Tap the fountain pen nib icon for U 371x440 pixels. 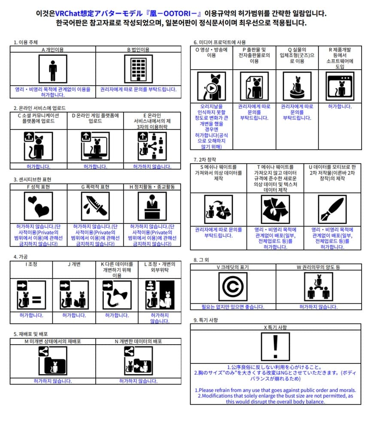click(x=332, y=209)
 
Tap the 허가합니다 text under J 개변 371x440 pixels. click(x=74, y=315)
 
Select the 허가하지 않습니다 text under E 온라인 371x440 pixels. click(x=152, y=166)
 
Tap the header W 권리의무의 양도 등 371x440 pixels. click(x=318, y=267)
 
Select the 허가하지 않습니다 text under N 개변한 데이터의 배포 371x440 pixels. click(x=138, y=381)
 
